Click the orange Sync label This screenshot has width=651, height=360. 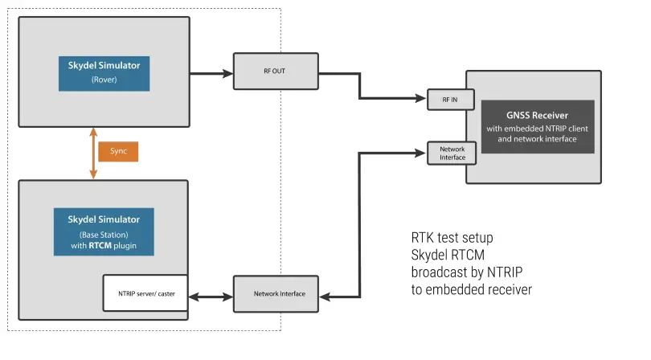click(118, 152)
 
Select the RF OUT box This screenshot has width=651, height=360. click(274, 71)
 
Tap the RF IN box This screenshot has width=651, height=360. click(451, 99)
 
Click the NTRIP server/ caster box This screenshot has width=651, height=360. click(145, 293)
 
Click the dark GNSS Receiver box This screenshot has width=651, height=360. click(538, 127)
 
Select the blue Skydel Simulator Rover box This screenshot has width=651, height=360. click(105, 72)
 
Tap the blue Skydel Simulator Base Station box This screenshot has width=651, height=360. click(105, 232)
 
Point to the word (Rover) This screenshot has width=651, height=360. click(105, 80)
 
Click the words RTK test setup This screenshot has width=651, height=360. click(452, 238)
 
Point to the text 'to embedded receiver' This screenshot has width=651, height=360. click(471, 289)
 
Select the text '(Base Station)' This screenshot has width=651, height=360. click(105, 234)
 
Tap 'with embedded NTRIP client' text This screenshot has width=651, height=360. click(538, 129)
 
